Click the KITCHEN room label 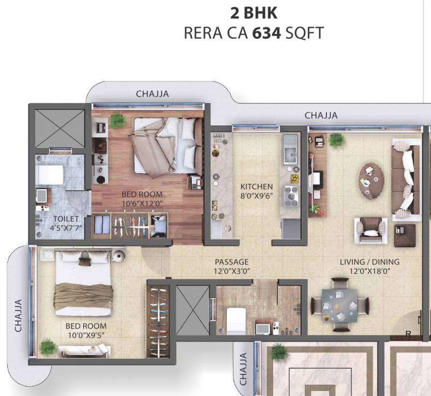click(x=256, y=186)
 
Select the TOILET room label click(x=62, y=219)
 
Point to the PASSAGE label click(x=231, y=262)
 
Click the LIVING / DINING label click(x=369, y=262)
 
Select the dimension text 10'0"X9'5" click(x=86, y=336)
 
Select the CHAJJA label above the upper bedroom click(x=152, y=94)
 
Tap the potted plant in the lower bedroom click(x=48, y=346)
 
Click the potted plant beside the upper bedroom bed click(x=118, y=120)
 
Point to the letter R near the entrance click(x=408, y=334)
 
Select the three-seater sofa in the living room click(x=405, y=179)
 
